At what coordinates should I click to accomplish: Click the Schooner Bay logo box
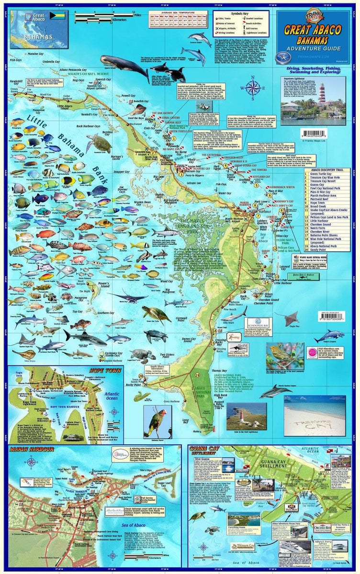click(259, 324)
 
